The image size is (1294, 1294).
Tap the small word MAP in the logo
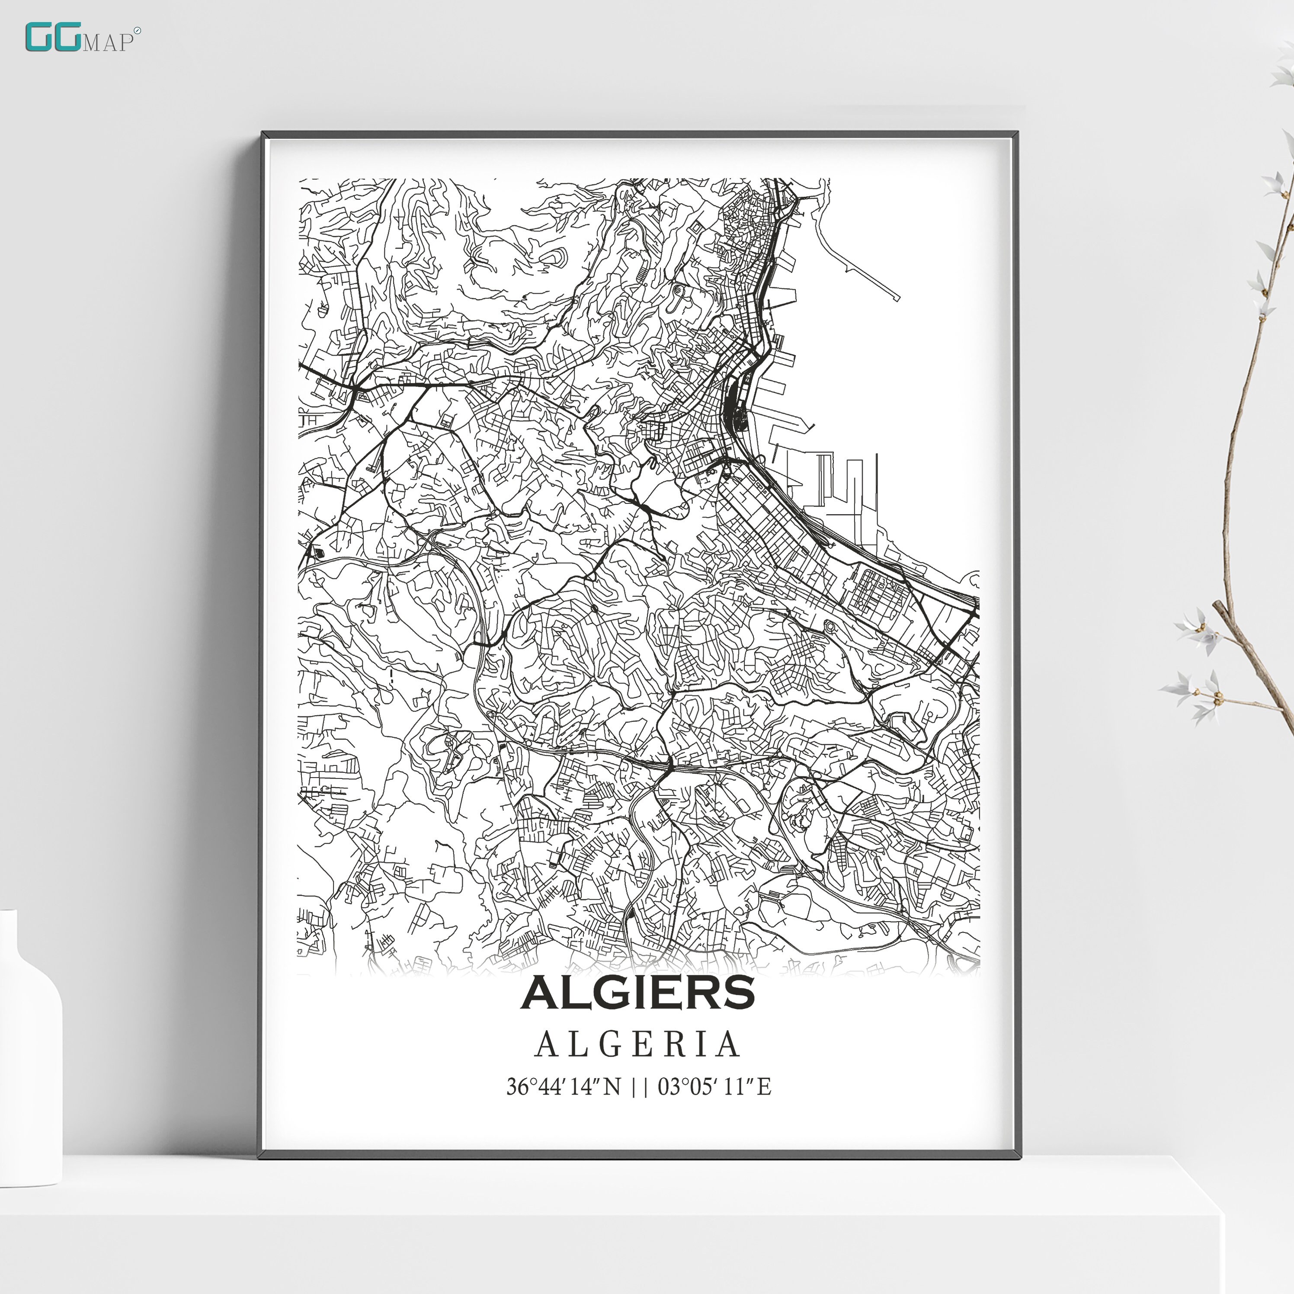(x=107, y=42)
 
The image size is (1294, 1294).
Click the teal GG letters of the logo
(x=52, y=38)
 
